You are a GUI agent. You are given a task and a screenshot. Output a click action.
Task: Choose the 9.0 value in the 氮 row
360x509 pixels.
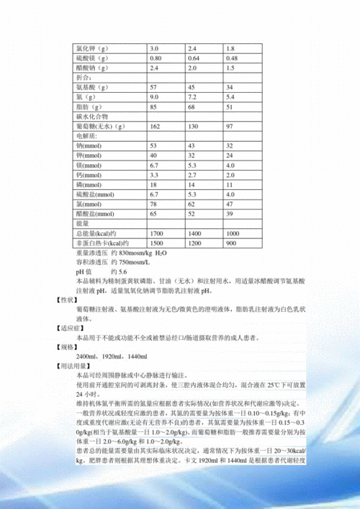click(x=154, y=96)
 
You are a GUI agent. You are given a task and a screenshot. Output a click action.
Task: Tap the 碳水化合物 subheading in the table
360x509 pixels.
click(x=91, y=116)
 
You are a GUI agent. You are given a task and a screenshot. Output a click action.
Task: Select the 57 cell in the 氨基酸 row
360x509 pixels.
click(x=153, y=87)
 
